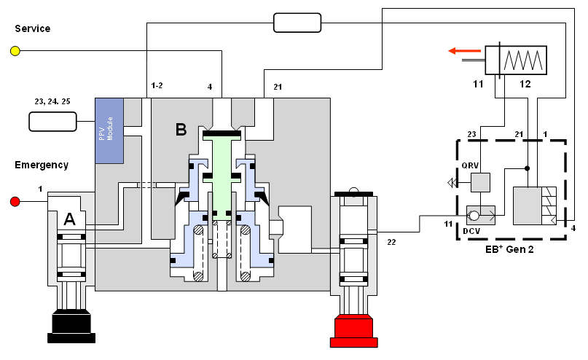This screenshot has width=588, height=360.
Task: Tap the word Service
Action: (x=33, y=28)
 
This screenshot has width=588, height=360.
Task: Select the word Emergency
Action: (x=42, y=165)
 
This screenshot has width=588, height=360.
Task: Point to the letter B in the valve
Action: (x=181, y=130)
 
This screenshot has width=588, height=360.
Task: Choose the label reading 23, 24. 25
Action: (x=52, y=103)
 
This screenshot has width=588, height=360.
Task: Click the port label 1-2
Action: (x=156, y=85)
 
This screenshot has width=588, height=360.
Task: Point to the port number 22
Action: (x=392, y=241)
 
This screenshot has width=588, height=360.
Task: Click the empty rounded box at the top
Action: (x=297, y=23)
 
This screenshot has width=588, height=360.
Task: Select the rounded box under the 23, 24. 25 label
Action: (x=52, y=121)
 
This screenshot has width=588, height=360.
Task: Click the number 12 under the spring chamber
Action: (x=525, y=85)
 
